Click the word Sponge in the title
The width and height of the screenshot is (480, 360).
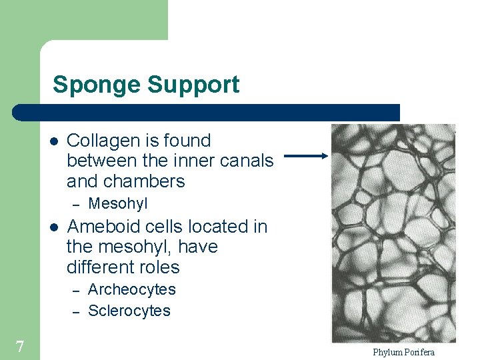click(x=97, y=85)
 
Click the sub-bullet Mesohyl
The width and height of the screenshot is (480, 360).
click(x=118, y=203)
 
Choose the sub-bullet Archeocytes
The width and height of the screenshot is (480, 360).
click(x=132, y=289)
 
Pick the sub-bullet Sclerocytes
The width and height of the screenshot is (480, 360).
click(x=129, y=311)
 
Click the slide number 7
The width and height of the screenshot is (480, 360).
click(x=20, y=347)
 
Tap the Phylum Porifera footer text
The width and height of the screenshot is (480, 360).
click(x=403, y=352)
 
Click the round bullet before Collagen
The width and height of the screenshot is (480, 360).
click(x=54, y=141)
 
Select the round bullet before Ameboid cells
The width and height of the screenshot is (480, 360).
click(x=54, y=227)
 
